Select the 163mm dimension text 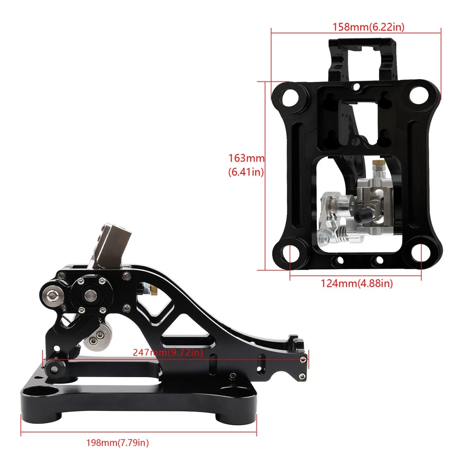click(x=246, y=158)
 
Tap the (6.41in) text click(x=246, y=171)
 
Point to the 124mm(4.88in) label click(x=357, y=284)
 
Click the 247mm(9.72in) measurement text click(x=167, y=353)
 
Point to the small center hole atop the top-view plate click(x=356, y=87)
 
